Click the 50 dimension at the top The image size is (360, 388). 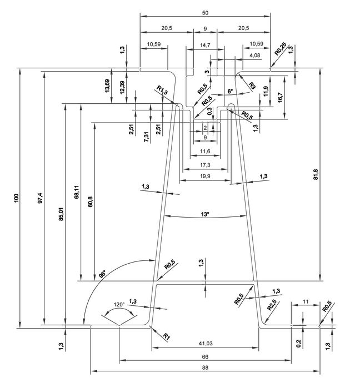pos(205,13)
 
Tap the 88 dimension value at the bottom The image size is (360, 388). pos(205,367)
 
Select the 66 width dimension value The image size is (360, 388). pos(205,356)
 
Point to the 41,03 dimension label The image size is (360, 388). pos(206,343)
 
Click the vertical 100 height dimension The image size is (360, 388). pos(16,198)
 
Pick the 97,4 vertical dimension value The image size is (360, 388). pos(40,198)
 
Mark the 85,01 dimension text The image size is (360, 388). pos(62,214)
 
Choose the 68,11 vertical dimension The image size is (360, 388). pos(77,192)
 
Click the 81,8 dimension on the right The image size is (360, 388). pos(316,174)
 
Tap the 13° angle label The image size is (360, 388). pos(205,214)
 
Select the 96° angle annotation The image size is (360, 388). pos(102,274)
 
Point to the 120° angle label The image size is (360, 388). pos(119,304)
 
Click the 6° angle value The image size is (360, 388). pos(230,91)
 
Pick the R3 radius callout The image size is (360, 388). pos(252,85)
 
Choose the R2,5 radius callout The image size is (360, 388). pos(272,306)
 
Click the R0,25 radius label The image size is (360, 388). pos(281,49)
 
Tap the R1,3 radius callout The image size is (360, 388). pos(162,90)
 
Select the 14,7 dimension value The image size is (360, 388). pos(205,45)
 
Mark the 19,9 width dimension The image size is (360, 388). pos(205,176)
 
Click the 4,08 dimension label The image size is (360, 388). pos(255,55)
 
